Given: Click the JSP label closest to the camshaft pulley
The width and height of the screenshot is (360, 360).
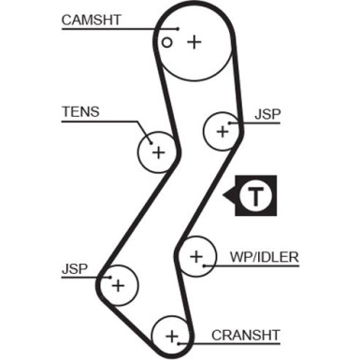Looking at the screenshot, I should [266, 115].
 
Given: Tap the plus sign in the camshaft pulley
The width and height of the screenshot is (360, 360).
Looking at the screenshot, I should [194, 42].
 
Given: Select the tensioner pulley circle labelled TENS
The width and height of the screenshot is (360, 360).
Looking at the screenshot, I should [158, 151].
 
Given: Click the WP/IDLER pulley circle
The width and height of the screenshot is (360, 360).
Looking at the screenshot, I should [196, 256].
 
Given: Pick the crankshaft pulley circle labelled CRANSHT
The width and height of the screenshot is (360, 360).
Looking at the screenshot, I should [171, 334].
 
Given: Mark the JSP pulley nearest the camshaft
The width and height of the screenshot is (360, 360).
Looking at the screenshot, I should [223, 131].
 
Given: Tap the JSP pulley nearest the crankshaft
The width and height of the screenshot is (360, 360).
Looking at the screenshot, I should [119, 285].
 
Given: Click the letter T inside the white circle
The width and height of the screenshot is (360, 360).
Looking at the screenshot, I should [255, 196].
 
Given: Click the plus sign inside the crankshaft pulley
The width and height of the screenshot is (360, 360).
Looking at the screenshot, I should [171, 334].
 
